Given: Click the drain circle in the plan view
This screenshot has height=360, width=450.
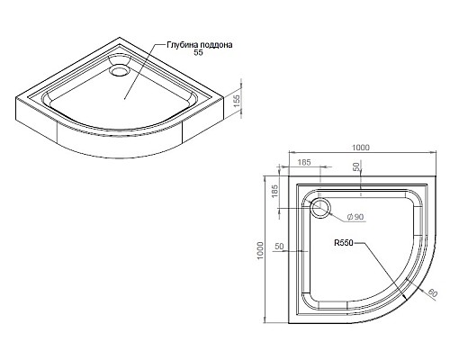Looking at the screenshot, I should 320,210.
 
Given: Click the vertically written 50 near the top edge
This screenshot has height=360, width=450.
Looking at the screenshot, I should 356,168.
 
